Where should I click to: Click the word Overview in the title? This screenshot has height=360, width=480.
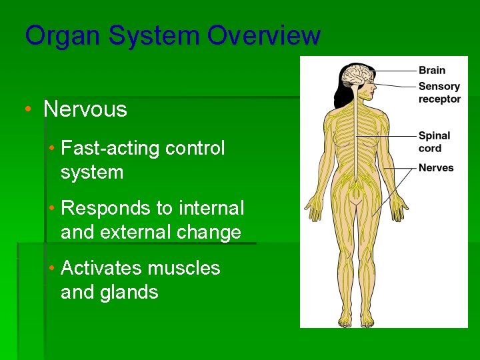[263, 36]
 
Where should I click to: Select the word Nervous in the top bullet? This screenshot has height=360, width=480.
[85, 109]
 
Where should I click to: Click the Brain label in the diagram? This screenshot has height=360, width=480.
[432, 70]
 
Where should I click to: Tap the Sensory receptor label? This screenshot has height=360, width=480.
[439, 93]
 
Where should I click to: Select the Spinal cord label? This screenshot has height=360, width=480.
[434, 141]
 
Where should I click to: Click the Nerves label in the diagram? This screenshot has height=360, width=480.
[436, 168]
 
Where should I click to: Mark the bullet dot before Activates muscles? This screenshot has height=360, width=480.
[52, 268]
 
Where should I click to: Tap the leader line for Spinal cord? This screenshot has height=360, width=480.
[390, 136]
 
